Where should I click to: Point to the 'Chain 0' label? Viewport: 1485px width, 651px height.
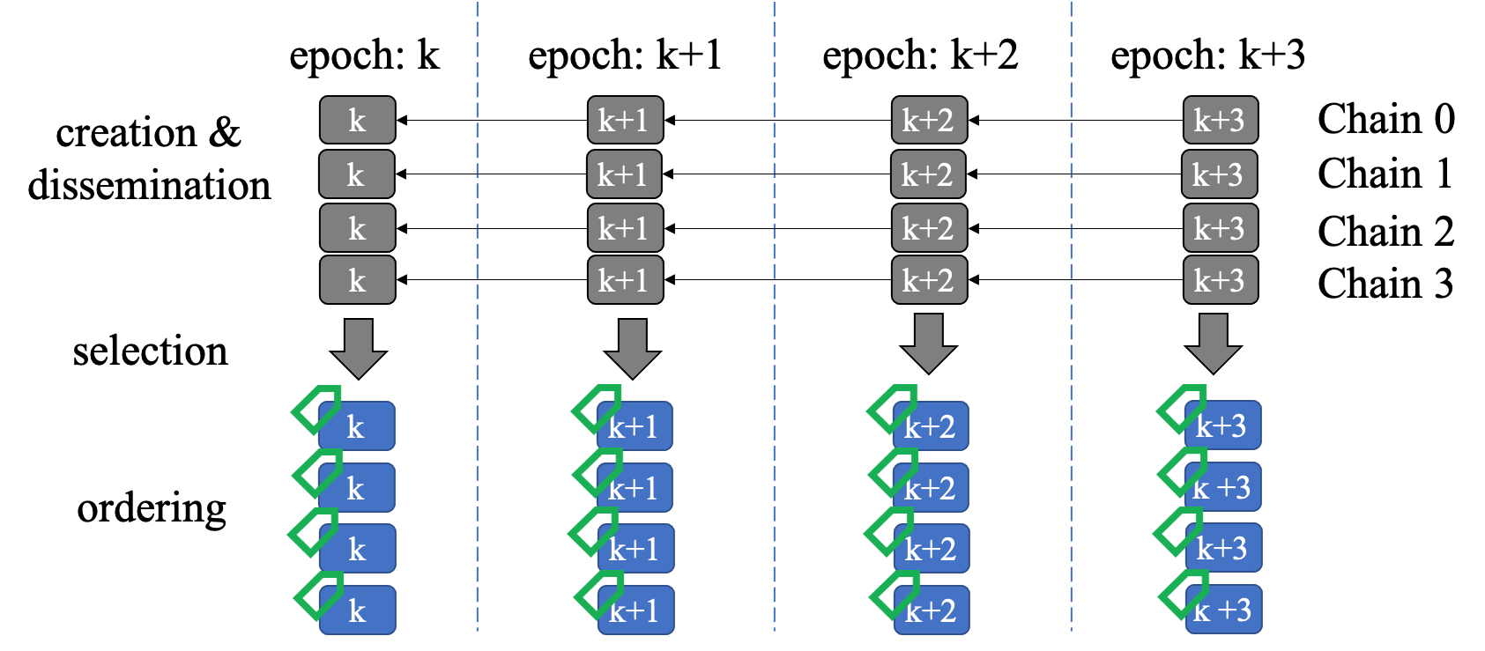point(1385,119)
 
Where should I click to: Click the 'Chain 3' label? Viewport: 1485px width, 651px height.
point(1385,284)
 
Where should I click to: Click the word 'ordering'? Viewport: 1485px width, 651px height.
point(152,509)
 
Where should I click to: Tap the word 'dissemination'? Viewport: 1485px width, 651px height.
point(149,184)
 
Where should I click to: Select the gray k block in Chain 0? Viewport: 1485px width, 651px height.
point(357,120)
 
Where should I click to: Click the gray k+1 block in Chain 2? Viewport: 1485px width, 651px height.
point(625,228)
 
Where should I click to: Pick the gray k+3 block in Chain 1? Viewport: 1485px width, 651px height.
point(1219,174)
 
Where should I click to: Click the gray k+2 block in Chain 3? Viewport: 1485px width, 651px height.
point(930,280)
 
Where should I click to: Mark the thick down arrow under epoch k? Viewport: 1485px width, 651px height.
point(359,349)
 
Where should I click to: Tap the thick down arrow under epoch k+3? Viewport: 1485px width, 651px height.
point(1214,344)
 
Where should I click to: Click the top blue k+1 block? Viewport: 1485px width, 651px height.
point(635,425)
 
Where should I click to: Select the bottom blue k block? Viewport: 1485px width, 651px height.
point(357,610)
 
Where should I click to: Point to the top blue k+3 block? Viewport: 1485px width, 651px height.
point(1222,425)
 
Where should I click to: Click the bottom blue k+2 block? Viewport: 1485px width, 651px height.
point(931,610)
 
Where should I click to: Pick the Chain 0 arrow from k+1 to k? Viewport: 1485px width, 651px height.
point(492,120)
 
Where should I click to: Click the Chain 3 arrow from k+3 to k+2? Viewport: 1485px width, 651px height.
point(1075,280)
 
